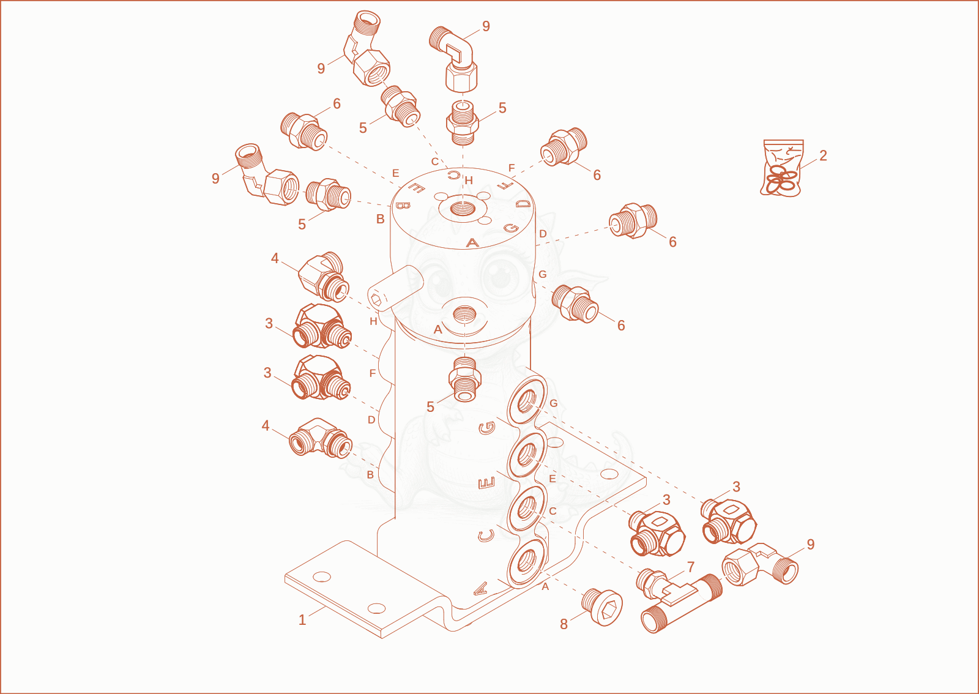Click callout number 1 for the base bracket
(302, 620)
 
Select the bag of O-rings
(783, 168)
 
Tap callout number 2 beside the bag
(824, 155)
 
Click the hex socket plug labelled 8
(602, 607)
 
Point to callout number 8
(564, 624)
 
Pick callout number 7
(691, 567)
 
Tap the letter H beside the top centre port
(469, 181)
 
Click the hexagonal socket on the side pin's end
(376, 300)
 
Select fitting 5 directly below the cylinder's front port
(464, 379)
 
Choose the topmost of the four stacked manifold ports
(527, 401)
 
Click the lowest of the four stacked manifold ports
(527, 562)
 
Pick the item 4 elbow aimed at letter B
(321, 438)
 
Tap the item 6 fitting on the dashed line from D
(633, 221)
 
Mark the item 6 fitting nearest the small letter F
(564, 147)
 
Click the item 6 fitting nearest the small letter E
(303, 131)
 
